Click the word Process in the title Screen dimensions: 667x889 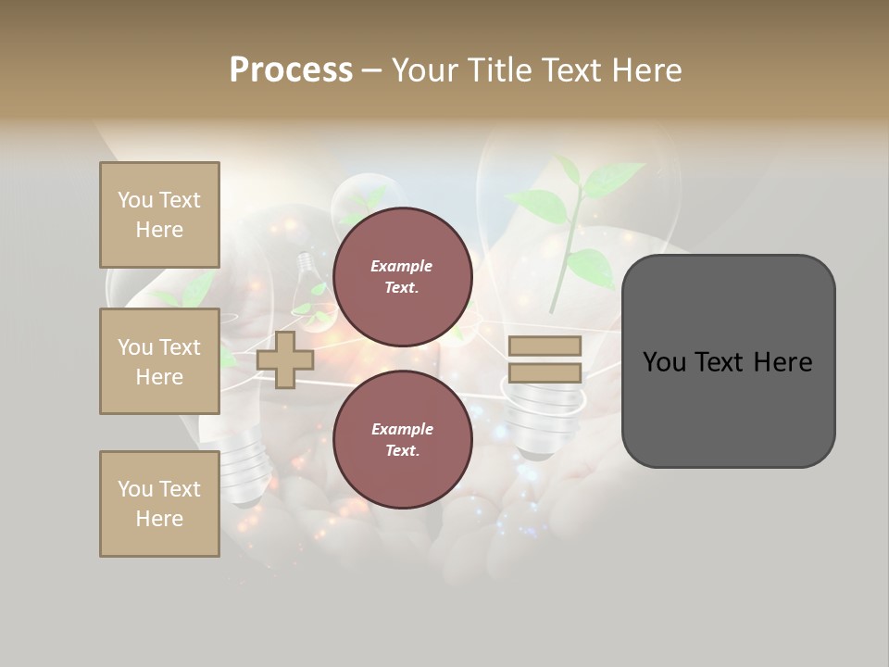coord(291,70)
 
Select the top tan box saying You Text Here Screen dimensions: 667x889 coord(159,215)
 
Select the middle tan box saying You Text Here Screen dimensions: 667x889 coord(159,361)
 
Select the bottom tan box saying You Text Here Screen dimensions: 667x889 coord(159,504)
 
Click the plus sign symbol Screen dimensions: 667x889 coord(285,359)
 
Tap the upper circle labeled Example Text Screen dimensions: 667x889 coord(403,277)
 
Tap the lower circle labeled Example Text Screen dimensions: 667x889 coord(403,440)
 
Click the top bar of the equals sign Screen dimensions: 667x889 coord(545,346)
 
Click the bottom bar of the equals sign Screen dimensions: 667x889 coord(545,373)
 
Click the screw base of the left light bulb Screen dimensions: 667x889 coord(243,472)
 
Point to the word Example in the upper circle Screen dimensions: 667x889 coord(402,266)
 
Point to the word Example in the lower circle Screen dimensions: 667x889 coord(402,429)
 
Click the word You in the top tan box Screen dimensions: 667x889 coord(134,200)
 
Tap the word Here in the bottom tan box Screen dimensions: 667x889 coord(159,519)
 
